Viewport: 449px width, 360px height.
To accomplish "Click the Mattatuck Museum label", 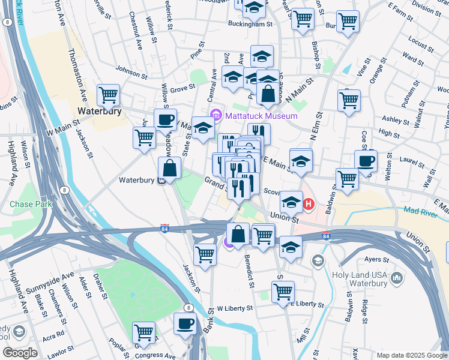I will tap(262, 115).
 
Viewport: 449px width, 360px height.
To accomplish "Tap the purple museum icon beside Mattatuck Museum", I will tap(215, 115).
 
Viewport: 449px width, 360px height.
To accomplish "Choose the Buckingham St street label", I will tap(250, 24).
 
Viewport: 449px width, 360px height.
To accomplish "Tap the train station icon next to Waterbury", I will tap(161, 181).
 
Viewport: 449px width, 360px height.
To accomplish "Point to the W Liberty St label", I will tap(235, 308).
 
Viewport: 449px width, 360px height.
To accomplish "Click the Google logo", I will tap(20, 353).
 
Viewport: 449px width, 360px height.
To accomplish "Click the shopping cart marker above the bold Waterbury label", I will tap(108, 94).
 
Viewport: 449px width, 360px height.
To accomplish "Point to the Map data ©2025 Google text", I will tap(411, 355).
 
